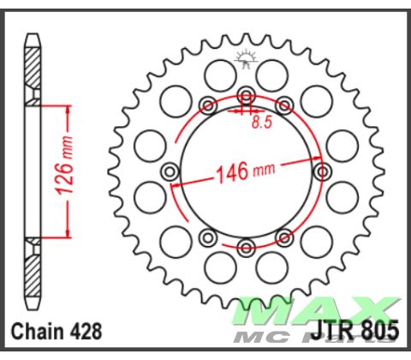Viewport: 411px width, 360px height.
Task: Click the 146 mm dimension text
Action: (244, 171)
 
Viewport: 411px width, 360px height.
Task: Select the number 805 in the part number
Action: (380, 331)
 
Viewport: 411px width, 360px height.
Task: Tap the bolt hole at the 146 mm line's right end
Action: (323, 171)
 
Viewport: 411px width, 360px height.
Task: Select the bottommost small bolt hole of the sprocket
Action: (247, 247)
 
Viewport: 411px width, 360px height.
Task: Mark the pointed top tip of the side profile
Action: (32, 36)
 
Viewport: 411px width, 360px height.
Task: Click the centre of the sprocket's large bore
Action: (247, 171)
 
